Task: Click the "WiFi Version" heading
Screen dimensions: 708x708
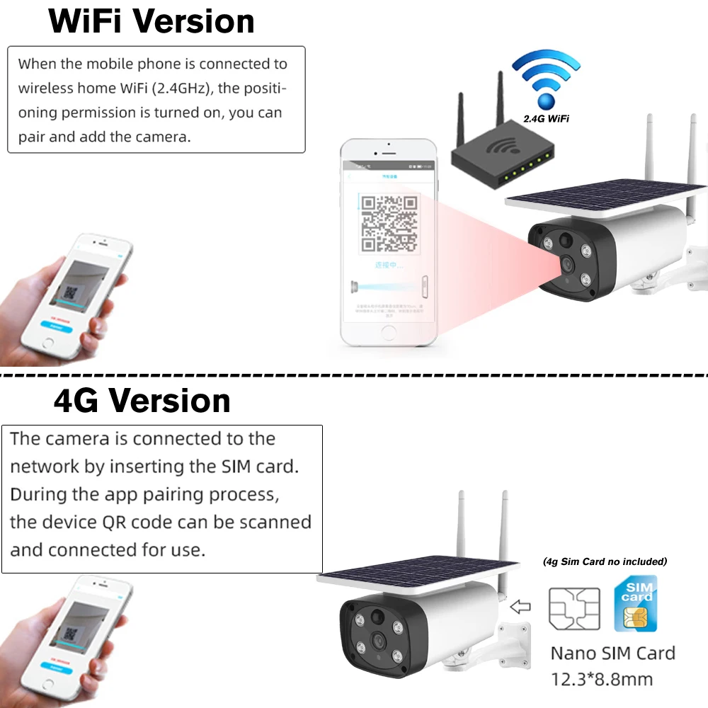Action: (152, 21)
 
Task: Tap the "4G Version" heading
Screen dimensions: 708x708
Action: (142, 401)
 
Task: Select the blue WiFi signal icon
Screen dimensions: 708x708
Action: (545, 78)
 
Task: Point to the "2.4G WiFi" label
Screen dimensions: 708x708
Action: (546, 119)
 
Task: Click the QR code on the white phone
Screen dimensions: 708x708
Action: (389, 223)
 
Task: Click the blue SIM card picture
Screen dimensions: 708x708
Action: (636, 603)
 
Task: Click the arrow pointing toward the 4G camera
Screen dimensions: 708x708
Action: (520, 607)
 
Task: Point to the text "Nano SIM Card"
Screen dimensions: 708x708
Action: (613, 653)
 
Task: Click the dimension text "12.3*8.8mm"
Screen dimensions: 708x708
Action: (602, 680)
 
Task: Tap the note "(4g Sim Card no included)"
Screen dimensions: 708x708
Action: (605, 561)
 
